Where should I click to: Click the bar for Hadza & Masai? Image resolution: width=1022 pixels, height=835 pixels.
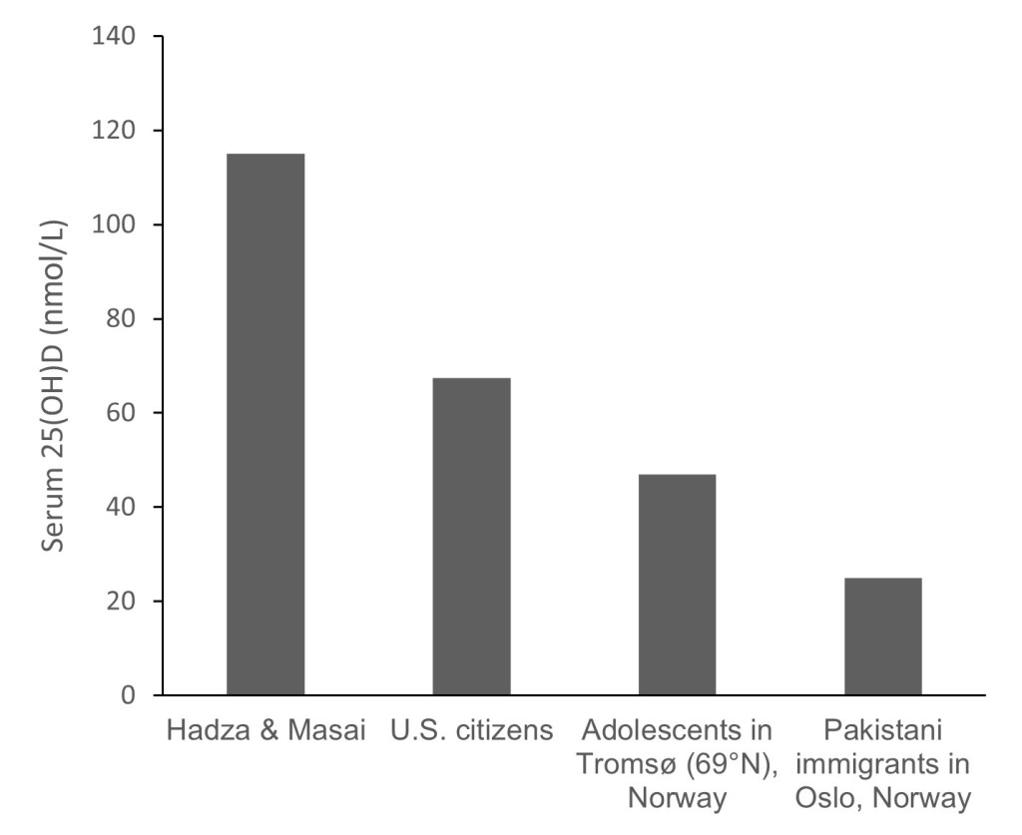tap(265, 424)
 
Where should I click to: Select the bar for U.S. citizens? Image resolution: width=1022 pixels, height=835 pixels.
tap(471, 536)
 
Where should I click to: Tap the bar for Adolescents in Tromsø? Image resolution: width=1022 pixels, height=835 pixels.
tap(677, 585)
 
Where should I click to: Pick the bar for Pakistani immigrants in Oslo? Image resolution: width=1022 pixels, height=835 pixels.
tap(882, 636)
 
